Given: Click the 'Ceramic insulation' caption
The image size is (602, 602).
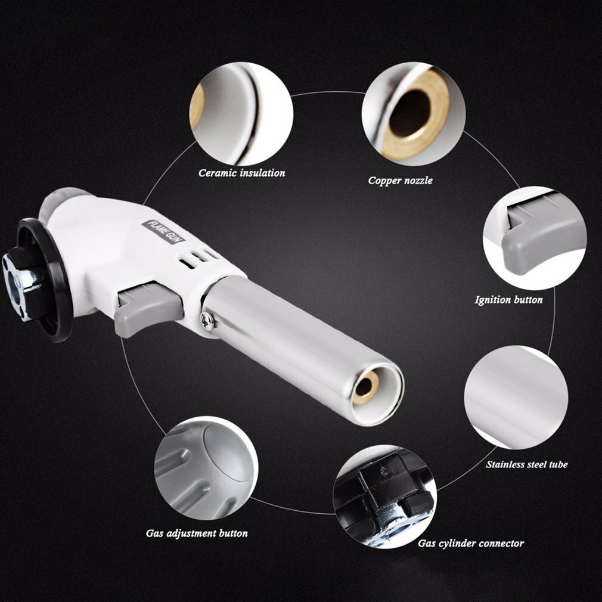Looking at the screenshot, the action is (x=241, y=173).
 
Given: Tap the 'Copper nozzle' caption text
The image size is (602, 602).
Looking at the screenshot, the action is (x=400, y=181).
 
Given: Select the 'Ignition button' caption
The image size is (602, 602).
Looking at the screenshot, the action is (x=508, y=300).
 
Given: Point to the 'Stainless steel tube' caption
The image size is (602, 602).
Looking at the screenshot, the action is (x=527, y=464).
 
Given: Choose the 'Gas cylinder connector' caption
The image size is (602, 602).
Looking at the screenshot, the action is (x=471, y=543).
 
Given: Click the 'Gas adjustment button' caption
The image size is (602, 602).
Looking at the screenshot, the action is (x=197, y=533).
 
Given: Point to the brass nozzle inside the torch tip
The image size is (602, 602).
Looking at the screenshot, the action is (x=365, y=388).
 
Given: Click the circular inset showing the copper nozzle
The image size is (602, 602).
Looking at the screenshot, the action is (x=414, y=114).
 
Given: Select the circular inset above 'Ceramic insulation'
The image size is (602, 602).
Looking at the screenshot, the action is (x=241, y=114).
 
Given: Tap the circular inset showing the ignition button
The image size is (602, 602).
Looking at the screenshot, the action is (x=535, y=238).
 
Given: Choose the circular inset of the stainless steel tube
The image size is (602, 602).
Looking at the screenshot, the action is (x=516, y=398).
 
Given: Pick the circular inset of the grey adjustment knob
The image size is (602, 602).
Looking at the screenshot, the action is (x=206, y=468).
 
